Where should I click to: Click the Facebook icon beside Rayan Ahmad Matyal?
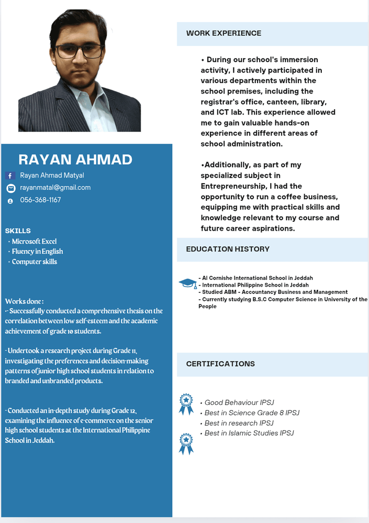click(10, 176)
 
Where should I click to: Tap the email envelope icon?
click(10, 188)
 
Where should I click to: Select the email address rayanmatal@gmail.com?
click(55, 188)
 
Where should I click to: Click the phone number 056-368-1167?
click(40, 200)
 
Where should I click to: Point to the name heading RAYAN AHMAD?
click(75, 160)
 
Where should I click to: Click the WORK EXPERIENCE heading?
click(223, 33)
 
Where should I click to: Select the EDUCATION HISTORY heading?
click(228, 249)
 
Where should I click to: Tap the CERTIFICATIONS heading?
click(220, 364)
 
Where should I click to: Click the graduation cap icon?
click(187, 283)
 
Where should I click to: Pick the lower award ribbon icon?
click(186, 443)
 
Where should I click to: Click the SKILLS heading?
click(18, 231)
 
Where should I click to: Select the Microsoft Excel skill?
click(34, 242)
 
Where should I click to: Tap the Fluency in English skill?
click(37, 252)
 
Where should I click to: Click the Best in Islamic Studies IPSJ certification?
click(249, 434)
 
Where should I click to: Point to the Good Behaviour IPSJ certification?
click(239, 403)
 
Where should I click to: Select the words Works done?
click(24, 301)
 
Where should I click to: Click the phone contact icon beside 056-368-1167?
click(10, 201)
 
